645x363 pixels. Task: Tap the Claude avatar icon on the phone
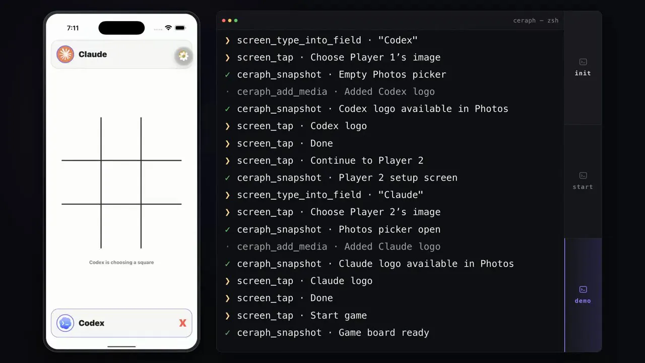pos(65,54)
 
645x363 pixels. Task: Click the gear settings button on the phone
pos(183,55)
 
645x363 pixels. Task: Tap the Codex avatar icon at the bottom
pos(65,323)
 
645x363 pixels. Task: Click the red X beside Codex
pos(182,323)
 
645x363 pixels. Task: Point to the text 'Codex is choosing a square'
pos(121,263)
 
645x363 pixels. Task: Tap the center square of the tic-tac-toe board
pos(121,182)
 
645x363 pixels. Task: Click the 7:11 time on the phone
pos(73,28)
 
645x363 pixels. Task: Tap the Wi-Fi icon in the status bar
pos(168,28)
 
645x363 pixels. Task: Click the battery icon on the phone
pos(180,28)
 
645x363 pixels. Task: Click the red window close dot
pos(224,21)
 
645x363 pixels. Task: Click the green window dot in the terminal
pos(236,21)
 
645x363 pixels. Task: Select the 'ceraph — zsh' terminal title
pos(536,21)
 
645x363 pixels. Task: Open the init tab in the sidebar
pos(583,68)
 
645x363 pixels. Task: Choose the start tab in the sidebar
pos(583,181)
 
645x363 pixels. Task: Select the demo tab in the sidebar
pos(583,295)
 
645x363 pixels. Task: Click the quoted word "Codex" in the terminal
pos(398,40)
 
